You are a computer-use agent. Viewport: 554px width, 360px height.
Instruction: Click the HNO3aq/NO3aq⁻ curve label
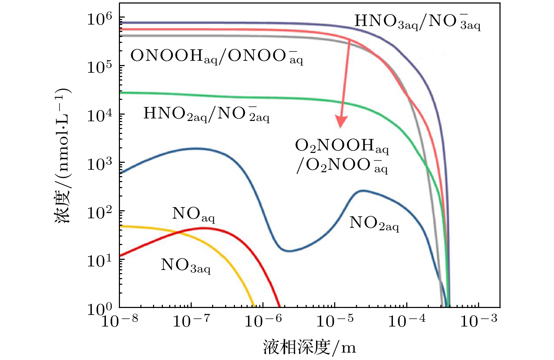pyautogui.click(x=417, y=22)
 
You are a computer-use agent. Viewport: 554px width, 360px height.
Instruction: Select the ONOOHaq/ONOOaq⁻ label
pyautogui.click(x=216, y=56)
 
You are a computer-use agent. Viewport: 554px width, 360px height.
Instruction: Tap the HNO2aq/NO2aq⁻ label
pyautogui.click(x=206, y=114)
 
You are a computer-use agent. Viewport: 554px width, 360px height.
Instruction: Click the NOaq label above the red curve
pyautogui.click(x=193, y=214)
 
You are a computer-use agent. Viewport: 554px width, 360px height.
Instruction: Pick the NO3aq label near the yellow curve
pyautogui.click(x=185, y=265)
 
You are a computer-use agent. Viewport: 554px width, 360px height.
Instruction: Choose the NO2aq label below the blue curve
pyautogui.click(x=374, y=223)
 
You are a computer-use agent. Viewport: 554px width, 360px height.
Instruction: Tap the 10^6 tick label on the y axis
pyautogui.click(x=100, y=18)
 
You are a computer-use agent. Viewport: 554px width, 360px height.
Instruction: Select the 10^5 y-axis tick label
pyautogui.click(x=100, y=66)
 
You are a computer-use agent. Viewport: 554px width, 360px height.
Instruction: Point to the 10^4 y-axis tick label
pyautogui.click(x=100, y=115)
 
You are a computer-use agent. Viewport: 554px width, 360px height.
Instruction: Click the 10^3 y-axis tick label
pyautogui.click(x=100, y=163)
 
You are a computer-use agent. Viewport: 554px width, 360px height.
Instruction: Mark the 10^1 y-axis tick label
pyautogui.click(x=100, y=261)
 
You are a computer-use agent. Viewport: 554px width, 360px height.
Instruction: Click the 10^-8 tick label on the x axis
pyautogui.click(x=120, y=320)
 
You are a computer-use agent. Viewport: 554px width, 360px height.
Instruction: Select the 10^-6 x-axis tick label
pyautogui.click(x=263, y=320)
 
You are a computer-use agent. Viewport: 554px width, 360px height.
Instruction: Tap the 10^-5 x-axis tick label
pyautogui.click(x=335, y=320)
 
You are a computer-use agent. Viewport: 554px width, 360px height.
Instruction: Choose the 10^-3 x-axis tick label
pyautogui.click(x=479, y=320)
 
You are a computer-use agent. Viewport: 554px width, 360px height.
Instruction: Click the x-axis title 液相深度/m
pyautogui.click(x=310, y=347)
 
